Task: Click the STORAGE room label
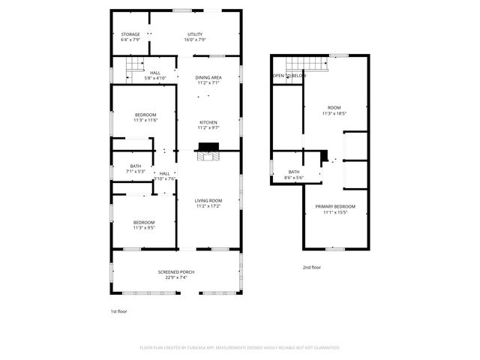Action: pos(130,34)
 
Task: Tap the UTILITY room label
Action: pos(195,34)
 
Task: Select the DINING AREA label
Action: pos(208,77)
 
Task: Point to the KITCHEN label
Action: pos(208,122)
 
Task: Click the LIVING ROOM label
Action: pos(208,200)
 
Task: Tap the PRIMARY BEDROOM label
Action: pos(334,206)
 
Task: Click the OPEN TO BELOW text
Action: pos(289,76)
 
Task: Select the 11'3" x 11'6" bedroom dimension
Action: pos(145,120)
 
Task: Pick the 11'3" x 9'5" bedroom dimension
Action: pos(144,226)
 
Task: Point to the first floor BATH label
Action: pos(135,166)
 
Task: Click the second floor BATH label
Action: pos(293,172)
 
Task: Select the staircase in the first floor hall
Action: pos(134,73)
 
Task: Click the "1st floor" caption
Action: pos(118,310)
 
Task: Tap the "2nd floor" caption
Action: pos(311,267)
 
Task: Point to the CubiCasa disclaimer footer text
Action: pos(240,348)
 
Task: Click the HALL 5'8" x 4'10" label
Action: pos(155,75)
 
